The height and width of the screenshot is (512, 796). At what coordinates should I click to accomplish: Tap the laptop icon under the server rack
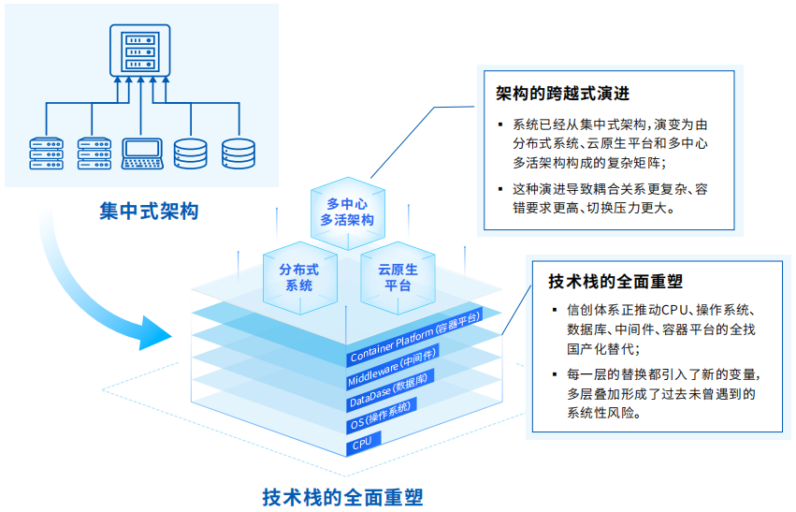pos(142,153)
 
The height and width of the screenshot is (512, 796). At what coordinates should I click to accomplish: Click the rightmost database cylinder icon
pos(238,153)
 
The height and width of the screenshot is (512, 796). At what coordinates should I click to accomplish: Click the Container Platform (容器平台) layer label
pos(414,339)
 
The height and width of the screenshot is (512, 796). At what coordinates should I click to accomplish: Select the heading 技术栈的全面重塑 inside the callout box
pos(615,281)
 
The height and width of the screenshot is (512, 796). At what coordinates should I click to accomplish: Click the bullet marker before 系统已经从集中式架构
pos(501,124)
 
